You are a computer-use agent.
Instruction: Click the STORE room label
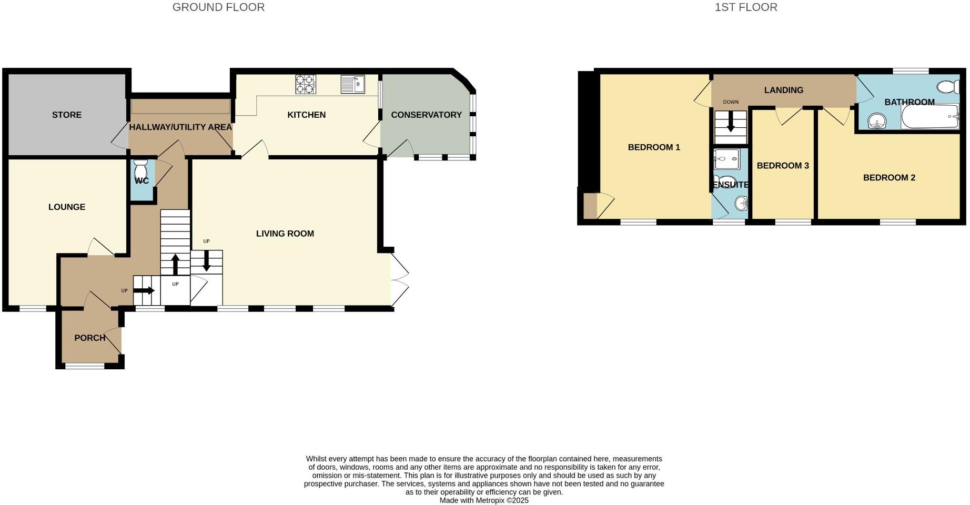[x=67, y=115]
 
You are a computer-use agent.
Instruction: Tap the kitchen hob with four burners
[x=306, y=84]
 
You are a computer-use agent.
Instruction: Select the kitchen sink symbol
[x=352, y=84]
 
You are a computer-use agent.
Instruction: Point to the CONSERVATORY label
[x=426, y=115]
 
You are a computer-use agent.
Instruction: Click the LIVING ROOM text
[x=285, y=234]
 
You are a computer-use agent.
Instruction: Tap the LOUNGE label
[x=67, y=207]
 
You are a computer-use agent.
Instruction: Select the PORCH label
[x=89, y=338]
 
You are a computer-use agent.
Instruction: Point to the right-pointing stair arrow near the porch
[x=144, y=290]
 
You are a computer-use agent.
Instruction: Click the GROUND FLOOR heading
[x=218, y=7]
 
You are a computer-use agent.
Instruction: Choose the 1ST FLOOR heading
[x=745, y=7]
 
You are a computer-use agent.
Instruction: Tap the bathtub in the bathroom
[x=929, y=116]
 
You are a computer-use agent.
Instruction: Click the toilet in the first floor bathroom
[x=948, y=86]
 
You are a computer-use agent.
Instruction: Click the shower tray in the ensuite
[x=727, y=159]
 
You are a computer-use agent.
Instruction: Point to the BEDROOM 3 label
[x=783, y=166]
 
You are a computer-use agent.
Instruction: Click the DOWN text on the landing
[x=731, y=102]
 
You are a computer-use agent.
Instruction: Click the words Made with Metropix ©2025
[x=484, y=500]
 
